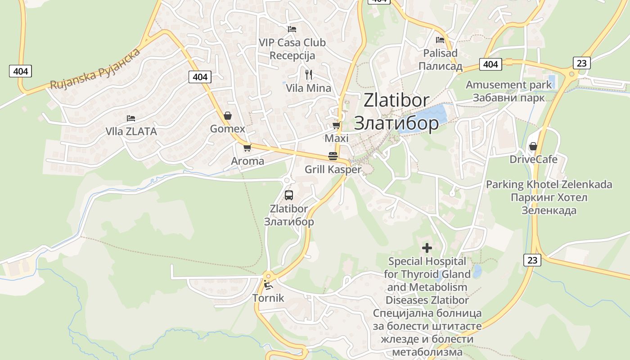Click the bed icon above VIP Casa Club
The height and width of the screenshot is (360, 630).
tap(292, 29)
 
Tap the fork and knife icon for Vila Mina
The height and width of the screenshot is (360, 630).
tap(309, 74)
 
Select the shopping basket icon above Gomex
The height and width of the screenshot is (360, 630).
tap(228, 116)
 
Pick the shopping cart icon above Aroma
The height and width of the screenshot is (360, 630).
tap(247, 148)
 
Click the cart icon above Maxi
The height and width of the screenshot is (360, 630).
tap(336, 125)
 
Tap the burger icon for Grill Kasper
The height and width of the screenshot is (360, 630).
tap(333, 156)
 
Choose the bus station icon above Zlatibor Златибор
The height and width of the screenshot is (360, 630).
tap(289, 195)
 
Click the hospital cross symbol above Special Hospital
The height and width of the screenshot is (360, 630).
tap(427, 247)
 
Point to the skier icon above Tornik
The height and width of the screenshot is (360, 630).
tap(268, 284)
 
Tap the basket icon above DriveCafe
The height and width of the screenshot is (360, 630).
tap(533, 146)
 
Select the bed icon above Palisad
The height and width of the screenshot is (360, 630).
tap(440, 40)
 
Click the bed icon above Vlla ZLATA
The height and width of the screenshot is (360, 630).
tap(131, 118)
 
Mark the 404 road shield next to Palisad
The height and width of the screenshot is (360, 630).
tap(490, 64)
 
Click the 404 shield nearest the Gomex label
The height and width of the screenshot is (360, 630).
tap(200, 77)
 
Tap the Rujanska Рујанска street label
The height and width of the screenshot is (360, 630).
tap(95, 70)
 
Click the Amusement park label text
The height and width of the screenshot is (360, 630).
tap(508, 85)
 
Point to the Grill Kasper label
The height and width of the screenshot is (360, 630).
tap(333, 170)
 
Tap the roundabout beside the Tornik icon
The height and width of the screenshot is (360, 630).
tap(268, 276)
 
